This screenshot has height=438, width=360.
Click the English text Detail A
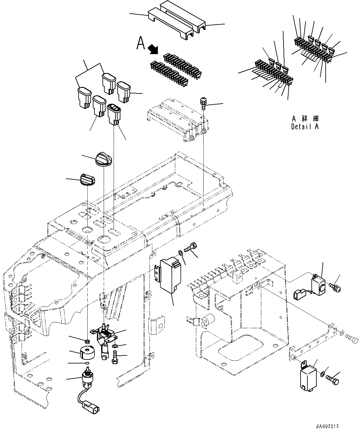(x=305, y=127)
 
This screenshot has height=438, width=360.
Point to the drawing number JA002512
(x=327, y=426)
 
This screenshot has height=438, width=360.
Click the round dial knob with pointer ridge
(x=104, y=159)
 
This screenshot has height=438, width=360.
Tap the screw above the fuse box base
(x=203, y=103)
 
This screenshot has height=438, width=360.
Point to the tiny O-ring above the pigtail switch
(x=87, y=363)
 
